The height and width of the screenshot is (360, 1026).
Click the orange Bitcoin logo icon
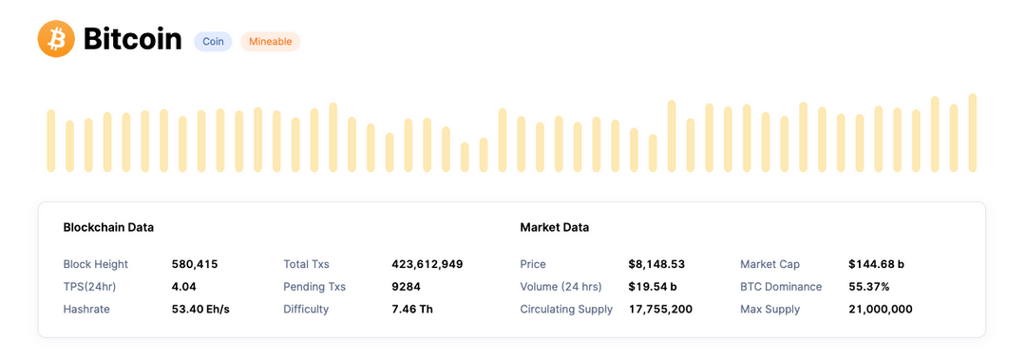(x=56, y=39)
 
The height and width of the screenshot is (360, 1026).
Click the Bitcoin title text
(x=132, y=39)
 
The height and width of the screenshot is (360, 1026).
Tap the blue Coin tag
(x=213, y=42)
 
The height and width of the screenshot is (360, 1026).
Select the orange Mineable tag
(x=270, y=42)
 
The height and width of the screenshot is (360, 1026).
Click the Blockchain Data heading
(x=108, y=228)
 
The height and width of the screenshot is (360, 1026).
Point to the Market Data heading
(x=554, y=228)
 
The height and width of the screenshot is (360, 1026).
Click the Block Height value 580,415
(x=195, y=264)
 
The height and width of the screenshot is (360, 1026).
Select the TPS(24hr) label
(x=89, y=287)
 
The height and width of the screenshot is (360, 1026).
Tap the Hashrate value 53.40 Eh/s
(x=200, y=310)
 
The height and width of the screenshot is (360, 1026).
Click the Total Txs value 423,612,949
(x=427, y=264)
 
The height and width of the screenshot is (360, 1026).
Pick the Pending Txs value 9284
(x=406, y=287)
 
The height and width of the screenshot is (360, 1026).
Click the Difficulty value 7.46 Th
(x=412, y=310)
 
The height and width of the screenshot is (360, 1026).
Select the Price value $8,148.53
(x=656, y=264)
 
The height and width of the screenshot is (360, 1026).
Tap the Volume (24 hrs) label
(x=560, y=287)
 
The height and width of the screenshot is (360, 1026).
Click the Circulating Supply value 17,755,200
(x=660, y=310)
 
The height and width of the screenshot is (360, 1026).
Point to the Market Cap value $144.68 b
(x=876, y=264)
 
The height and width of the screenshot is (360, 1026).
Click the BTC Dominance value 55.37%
(x=869, y=287)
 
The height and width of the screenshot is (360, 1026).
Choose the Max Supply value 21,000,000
(x=881, y=310)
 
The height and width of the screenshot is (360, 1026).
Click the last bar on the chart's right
(x=972, y=133)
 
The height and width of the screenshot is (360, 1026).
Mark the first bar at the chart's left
(x=51, y=141)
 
